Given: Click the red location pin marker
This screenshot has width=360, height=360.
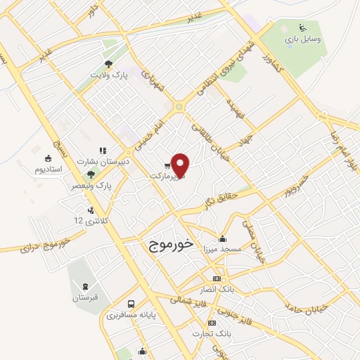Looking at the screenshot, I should coord(181,165).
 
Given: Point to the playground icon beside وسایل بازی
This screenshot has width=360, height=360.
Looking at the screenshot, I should coord(304,30).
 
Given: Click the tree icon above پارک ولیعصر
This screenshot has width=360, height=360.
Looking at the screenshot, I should coord(90,174).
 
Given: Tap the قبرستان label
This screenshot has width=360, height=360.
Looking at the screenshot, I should coord(85,298).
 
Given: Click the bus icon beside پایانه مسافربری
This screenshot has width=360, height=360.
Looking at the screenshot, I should coord(131,304).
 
